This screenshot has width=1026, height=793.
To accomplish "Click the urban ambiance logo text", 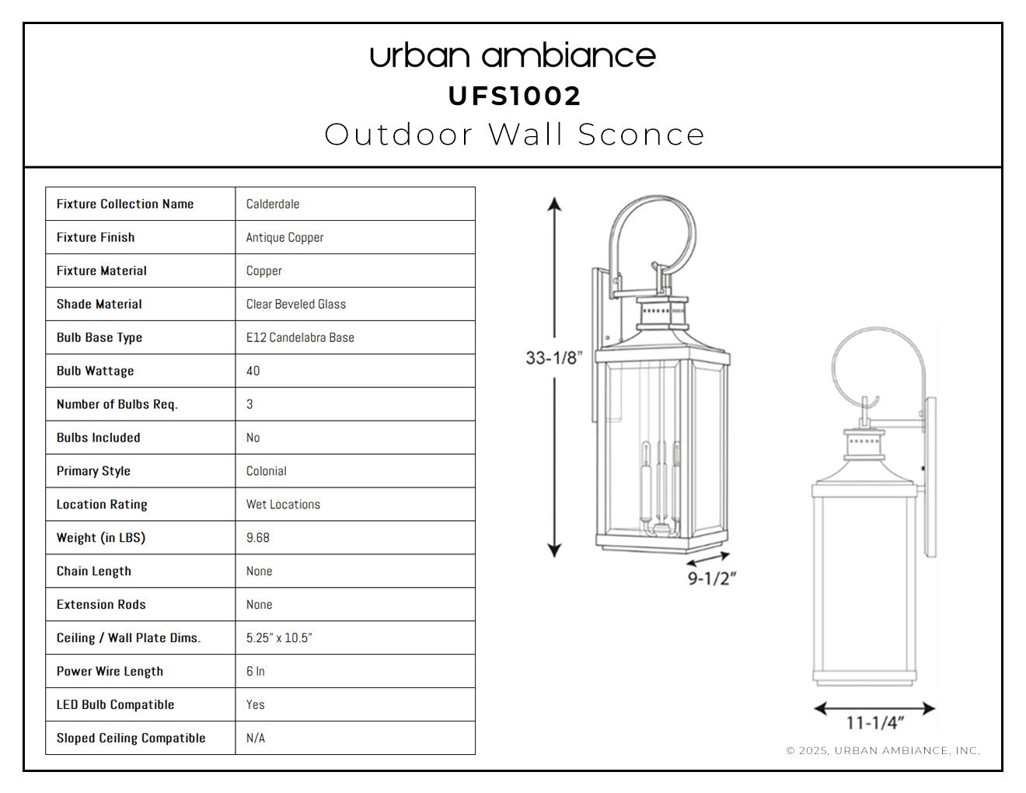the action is (513, 56).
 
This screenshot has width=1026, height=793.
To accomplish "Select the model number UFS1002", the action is (515, 96).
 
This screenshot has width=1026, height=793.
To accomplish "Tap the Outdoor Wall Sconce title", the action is (515, 134).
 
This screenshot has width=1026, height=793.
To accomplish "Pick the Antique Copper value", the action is (284, 238).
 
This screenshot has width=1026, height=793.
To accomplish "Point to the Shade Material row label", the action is (99, 304).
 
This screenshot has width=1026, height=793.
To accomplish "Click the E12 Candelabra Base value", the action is (300, 337).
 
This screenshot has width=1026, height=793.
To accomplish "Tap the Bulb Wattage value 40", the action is (253, 371).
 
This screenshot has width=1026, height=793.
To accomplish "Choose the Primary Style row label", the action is (93, 471).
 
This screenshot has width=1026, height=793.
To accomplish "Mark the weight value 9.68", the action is (258, 538).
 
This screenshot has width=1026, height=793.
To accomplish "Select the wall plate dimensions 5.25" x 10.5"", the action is (279, 638).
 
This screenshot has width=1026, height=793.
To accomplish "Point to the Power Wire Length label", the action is (110, 672).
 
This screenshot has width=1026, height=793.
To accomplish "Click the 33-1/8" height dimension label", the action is (554, 358).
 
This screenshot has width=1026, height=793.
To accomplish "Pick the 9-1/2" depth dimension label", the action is (711, 578).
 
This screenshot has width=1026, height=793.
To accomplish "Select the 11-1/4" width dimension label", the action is (875, 723).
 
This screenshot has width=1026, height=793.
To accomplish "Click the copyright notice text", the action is (884, 751).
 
